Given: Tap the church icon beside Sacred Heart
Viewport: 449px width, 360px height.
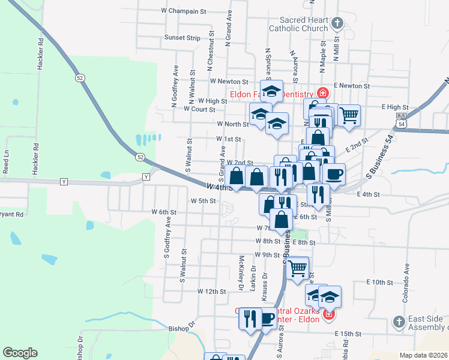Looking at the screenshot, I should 337,24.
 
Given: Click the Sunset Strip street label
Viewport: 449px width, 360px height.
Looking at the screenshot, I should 182,37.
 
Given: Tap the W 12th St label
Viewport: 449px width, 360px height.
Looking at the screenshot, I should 211,291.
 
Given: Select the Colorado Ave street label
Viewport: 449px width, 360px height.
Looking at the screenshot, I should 406,280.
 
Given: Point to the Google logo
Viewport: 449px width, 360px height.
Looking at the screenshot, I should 20,352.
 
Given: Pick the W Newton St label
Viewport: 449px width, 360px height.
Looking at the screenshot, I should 229,81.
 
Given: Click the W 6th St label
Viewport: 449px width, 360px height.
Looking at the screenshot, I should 164,212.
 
